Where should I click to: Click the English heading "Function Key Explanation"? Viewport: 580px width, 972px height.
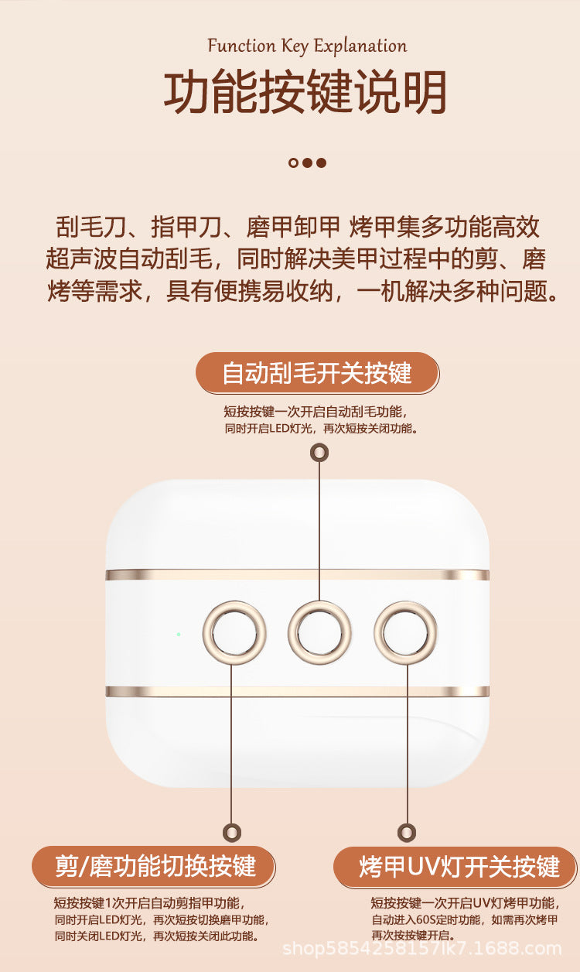pyautogui.click(x=307, y=46)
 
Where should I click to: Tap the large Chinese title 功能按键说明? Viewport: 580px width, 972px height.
pyautogui.click(x=305, y=92)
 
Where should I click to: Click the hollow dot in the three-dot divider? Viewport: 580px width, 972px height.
pyautogui.click(x=293, y=163)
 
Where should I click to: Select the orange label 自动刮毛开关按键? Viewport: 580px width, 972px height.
pyautogui.click(x=317, y=373)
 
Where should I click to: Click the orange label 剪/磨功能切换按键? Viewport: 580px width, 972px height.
pyautogui.click(x=153, y=867)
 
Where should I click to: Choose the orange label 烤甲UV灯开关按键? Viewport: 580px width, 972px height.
pyautogui.click(x=455, y=867)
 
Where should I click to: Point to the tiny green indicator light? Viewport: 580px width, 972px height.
pyautogui.click(x=179, y=634)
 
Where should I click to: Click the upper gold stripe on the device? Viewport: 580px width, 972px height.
pyautogui.click(x=298, y=575)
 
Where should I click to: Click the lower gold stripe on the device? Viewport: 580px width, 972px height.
pyautogui.click(x=298, y=691)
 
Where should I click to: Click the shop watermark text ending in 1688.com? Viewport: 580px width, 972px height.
pyautogui.click(x=421, y=949)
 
